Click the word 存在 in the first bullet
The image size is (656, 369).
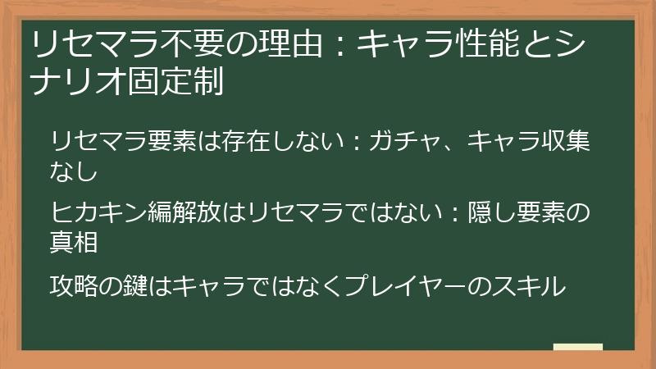(246, 142)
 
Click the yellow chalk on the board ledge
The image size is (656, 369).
(577, 346)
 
